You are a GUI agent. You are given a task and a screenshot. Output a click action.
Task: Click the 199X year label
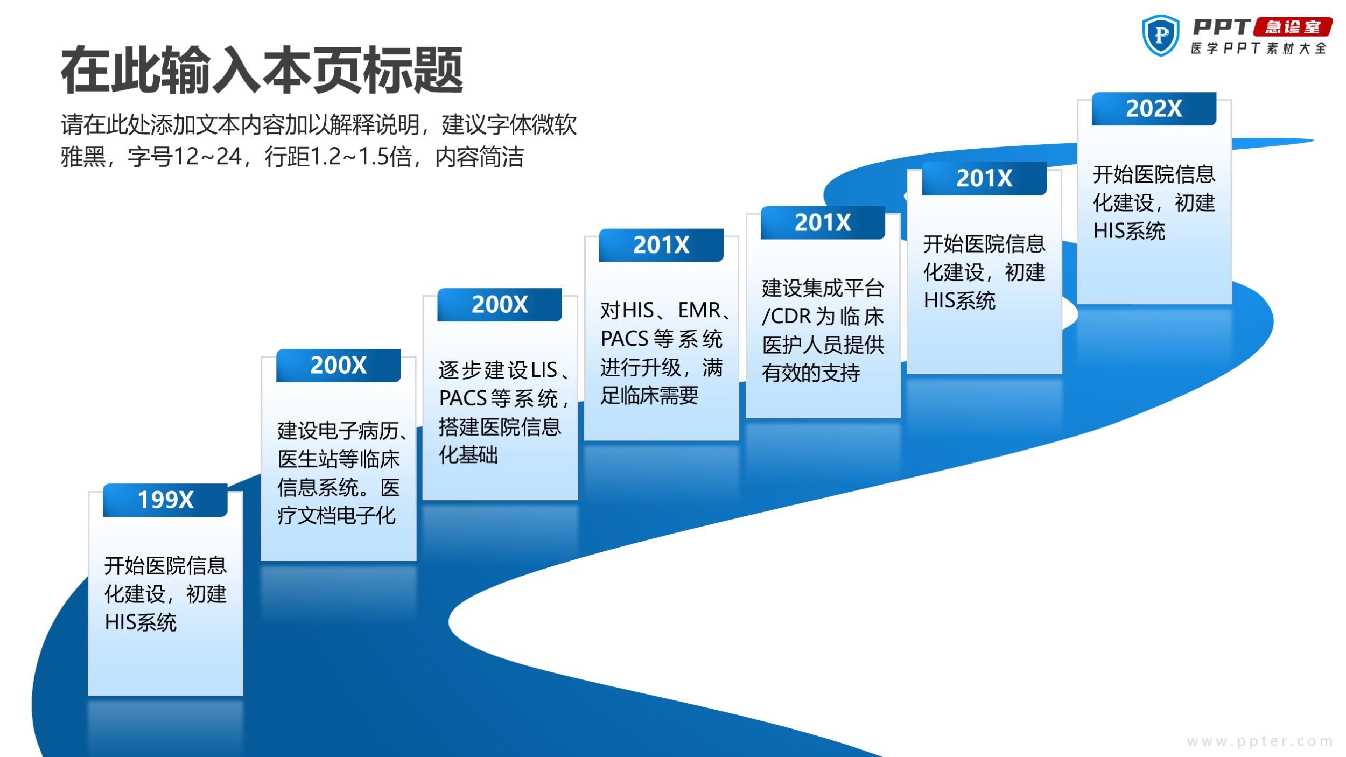[165, 500]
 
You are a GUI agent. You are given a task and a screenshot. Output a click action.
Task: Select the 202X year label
[1154, 109]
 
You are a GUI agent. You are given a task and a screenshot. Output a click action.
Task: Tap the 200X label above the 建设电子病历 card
[339, 366]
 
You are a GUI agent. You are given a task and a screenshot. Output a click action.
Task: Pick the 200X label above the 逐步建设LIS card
[500, 305]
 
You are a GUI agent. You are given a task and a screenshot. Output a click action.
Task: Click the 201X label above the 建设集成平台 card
[823, 222]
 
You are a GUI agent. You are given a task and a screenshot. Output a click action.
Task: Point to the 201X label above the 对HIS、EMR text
[661, 245]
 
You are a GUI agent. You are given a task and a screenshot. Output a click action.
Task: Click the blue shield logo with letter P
[1161, 36]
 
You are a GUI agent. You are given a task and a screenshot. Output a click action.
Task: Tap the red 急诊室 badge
[1293, 27]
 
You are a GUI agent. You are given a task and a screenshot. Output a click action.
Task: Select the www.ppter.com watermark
[1260, 741]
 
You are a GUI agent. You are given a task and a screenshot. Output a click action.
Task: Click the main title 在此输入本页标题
[262, 70]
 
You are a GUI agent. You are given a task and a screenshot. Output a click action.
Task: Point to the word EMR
[699, 310]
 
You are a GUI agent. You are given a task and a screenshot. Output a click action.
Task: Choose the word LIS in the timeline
[544, 370]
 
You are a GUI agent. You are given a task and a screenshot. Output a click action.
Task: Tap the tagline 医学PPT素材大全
[1259, 48]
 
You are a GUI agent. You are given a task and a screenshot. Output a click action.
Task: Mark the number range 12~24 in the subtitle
[207, 157]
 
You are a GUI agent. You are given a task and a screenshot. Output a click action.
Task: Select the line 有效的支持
[811, 373]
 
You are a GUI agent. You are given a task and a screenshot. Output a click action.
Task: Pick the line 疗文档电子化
[336, 516]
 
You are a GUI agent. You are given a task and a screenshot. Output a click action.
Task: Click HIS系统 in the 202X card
[1129, 232]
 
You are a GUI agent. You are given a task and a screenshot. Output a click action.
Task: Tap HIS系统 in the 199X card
[141, 623]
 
